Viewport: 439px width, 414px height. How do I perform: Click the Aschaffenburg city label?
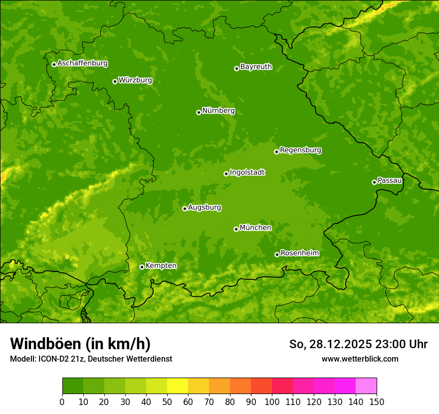(82, 63)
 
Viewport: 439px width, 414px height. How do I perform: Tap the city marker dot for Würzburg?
(115, 81)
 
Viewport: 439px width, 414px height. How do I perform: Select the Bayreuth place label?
(256, 67)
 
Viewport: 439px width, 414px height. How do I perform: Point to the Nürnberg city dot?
(199, 112)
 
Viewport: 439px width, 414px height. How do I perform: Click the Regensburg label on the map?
(300, 150)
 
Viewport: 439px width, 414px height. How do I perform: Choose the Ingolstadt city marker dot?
(226, 174)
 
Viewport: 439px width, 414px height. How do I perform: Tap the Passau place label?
(390, 181)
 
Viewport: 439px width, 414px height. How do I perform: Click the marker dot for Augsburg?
(185, 208)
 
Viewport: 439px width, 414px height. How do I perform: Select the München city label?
(255, 228)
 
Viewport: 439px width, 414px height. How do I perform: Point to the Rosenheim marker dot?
(277, 254)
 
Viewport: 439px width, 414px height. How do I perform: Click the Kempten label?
(161, 266)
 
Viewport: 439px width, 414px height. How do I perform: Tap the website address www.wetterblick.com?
(360, 359)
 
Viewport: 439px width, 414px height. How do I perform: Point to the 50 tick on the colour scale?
(167, 402)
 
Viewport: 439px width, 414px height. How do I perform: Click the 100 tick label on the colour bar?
(272, 402)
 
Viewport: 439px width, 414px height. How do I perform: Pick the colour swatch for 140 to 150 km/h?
(366, 386)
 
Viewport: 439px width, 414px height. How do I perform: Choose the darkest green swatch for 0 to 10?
(73, 386)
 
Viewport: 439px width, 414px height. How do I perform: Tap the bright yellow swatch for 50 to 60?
(178, 386)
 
